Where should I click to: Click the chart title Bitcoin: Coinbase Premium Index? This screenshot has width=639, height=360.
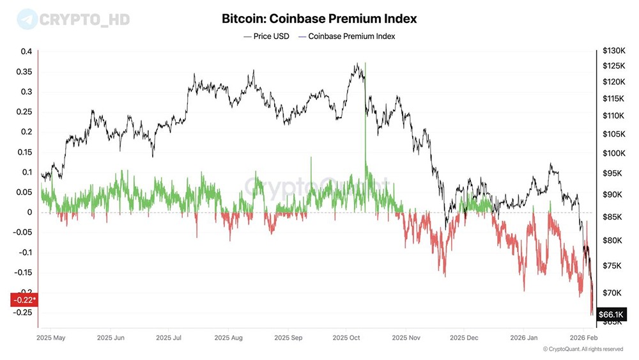(319, 19)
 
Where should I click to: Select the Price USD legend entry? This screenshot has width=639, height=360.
(266, 36)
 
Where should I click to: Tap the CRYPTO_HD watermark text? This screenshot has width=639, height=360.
(84, 20)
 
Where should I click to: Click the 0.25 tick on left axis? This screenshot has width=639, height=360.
(22, 112)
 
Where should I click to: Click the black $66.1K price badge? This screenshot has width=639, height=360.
(612, 315)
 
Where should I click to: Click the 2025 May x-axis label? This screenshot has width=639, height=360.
(51, 336)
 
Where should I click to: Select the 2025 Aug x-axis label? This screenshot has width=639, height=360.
(228, 336)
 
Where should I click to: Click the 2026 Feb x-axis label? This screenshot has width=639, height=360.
(583, 336)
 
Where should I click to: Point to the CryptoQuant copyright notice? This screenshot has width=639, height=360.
(582, 349)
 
